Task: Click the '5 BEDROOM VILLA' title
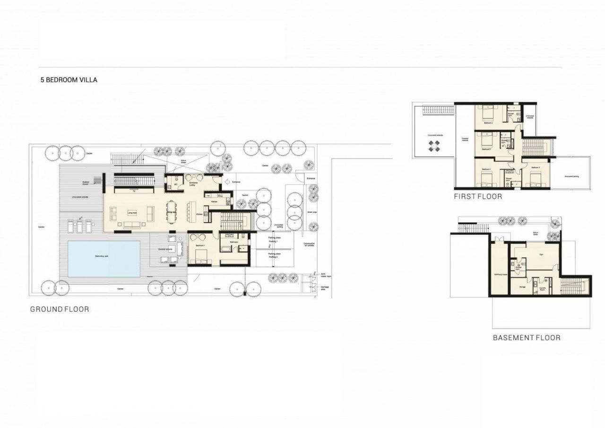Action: (x=69, y=80)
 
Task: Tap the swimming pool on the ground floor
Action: (x=104, y=258)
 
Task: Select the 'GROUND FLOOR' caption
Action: (x=60, y=309)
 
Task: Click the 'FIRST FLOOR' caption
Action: (x=478, y=196)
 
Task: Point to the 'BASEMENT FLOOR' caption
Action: (x=527, y=338)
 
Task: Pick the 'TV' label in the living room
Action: (x=133, y=192)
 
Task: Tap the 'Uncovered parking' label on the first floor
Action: (x=571, y=176)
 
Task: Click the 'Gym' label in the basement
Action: (x=542, y=254)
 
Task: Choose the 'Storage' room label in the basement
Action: (x=522, y=287)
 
